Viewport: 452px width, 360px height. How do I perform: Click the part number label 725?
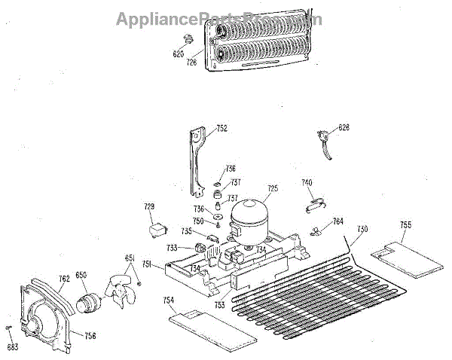pos(273,188)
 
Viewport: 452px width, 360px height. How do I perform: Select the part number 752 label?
pos(221,129)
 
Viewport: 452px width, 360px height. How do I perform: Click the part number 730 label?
pos(362,229)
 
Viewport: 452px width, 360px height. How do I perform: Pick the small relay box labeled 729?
pos(157,227)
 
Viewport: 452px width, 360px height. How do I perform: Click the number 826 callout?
pos(344,128)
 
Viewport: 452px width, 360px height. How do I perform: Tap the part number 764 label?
pos(338,221)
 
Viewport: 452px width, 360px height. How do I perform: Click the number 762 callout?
pos(65,278)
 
